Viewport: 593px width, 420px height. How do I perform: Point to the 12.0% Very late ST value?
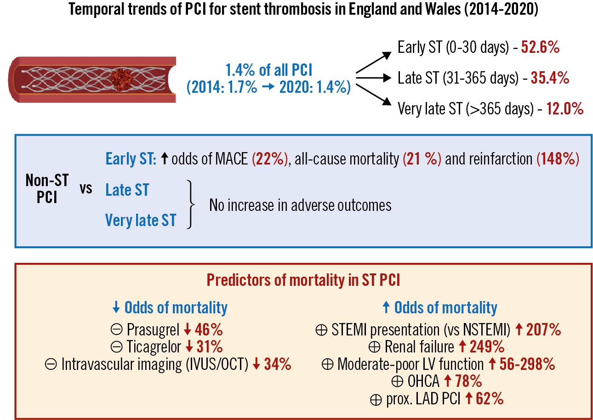pyautogui.click(x=565, y=109)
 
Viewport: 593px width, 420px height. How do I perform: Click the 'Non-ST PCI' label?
pyautogui.click(x=47, y=189)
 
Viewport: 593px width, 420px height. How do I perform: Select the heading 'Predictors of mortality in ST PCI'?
pyautogui.click(x=303, y=280)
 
